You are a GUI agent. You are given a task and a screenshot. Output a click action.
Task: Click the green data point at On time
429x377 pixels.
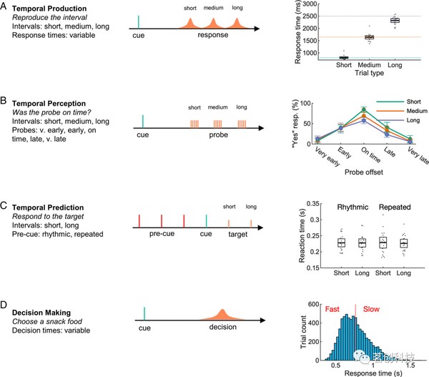tap(364, 109)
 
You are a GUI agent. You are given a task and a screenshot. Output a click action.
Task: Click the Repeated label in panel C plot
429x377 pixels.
tap(394, 207)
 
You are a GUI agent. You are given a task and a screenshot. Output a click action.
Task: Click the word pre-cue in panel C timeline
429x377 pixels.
tap(162, 233)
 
